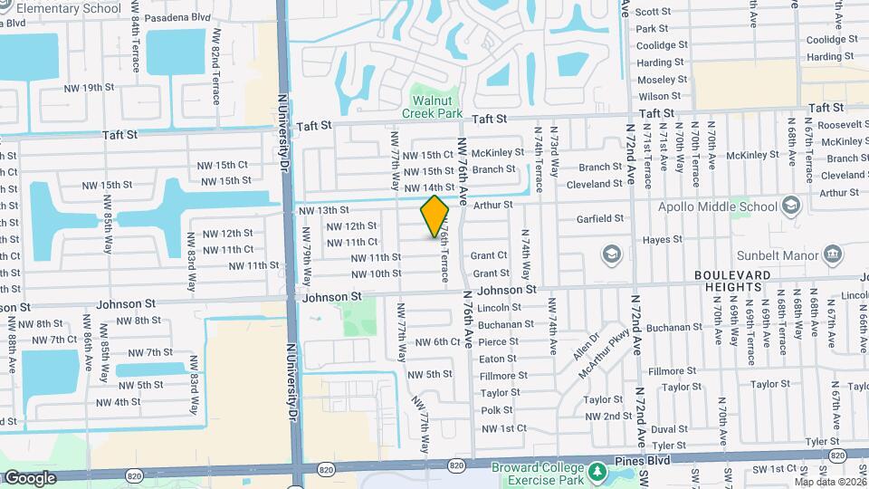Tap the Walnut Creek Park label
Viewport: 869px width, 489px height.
coord(431,106)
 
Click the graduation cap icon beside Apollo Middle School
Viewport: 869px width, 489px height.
coord(791,206)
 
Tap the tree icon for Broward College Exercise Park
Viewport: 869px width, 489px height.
coord(597,472)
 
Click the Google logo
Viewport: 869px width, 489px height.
coord(30,477)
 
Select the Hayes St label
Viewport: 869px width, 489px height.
coord(662,240)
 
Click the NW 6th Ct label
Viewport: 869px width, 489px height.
coord(438,341)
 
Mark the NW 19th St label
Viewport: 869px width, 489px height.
coord(91,88)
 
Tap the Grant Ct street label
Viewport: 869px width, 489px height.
coord(489,256)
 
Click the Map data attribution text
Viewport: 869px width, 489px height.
coord(826,482)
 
